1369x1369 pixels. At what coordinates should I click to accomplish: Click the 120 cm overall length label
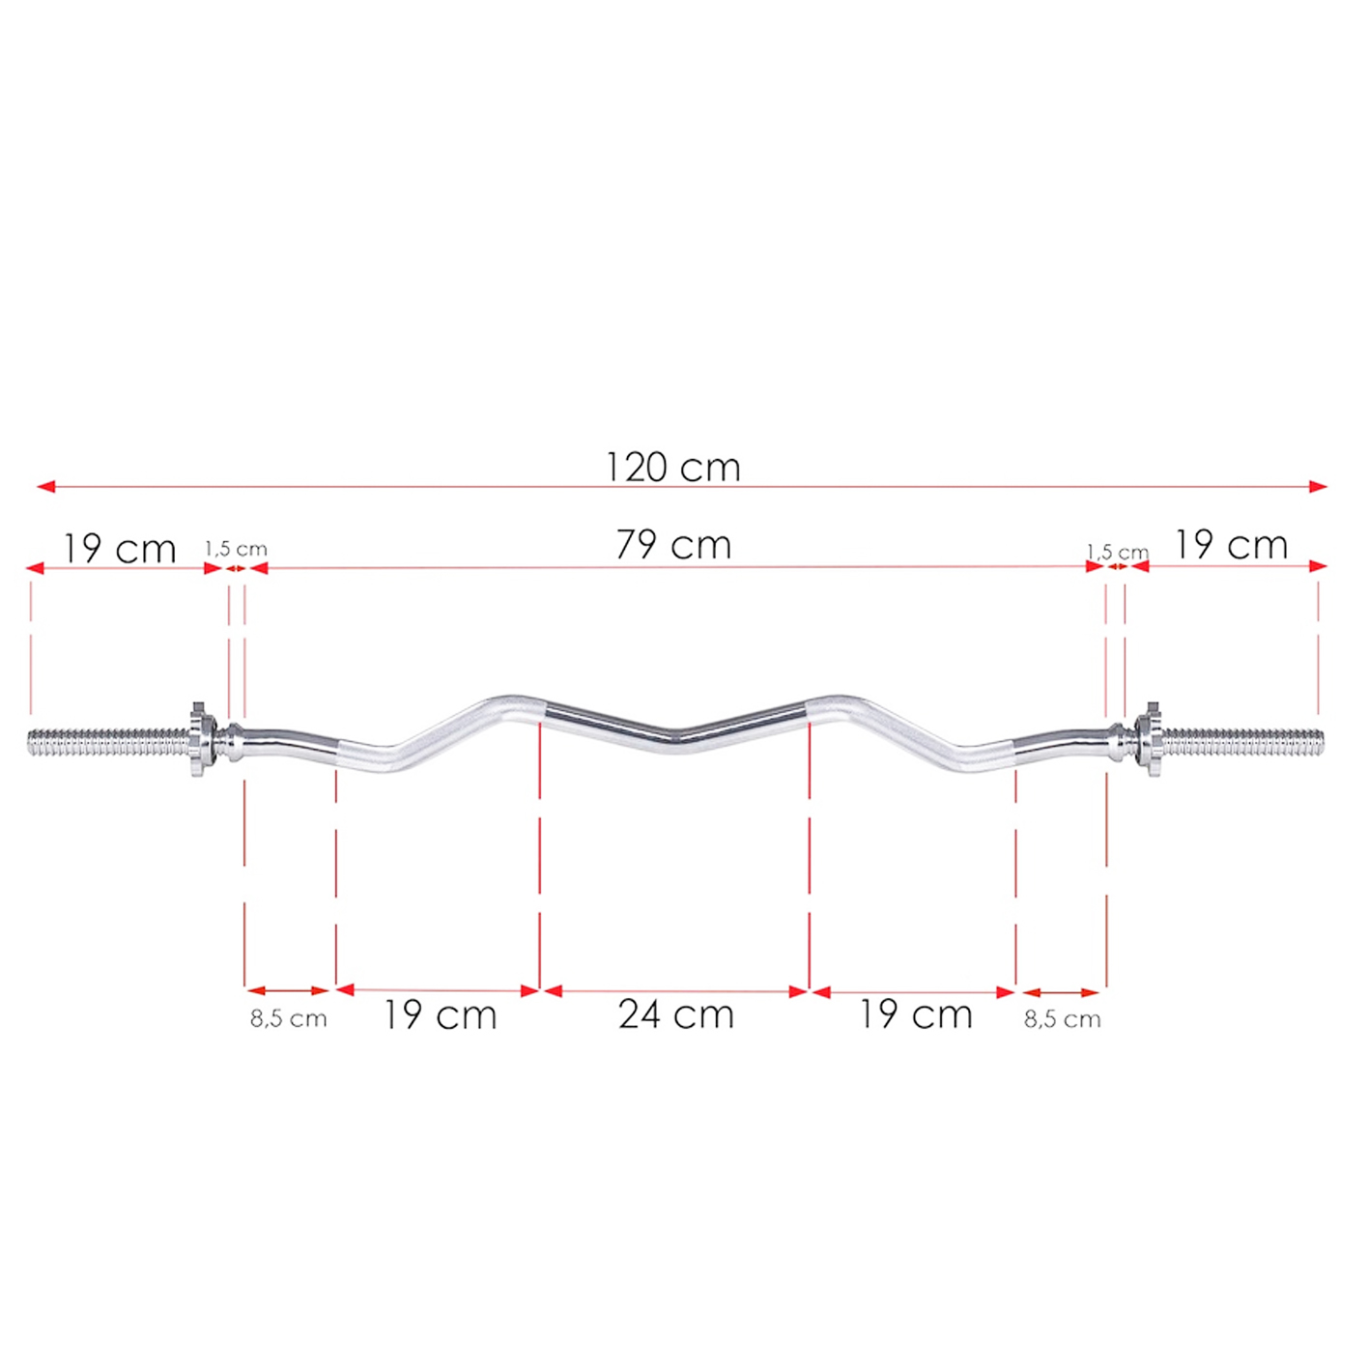click(672, 468)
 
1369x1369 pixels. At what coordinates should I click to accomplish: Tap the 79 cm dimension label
click(672, 545)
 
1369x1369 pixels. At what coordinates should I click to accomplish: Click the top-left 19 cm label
click(120, 549)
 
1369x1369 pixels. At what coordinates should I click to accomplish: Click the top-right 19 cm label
click(1231, 545)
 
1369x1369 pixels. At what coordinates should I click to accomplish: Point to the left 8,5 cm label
click(289, 1018)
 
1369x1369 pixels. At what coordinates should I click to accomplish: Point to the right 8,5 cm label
click(1062, 1019)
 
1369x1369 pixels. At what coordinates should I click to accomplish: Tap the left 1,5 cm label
click(236, 549)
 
